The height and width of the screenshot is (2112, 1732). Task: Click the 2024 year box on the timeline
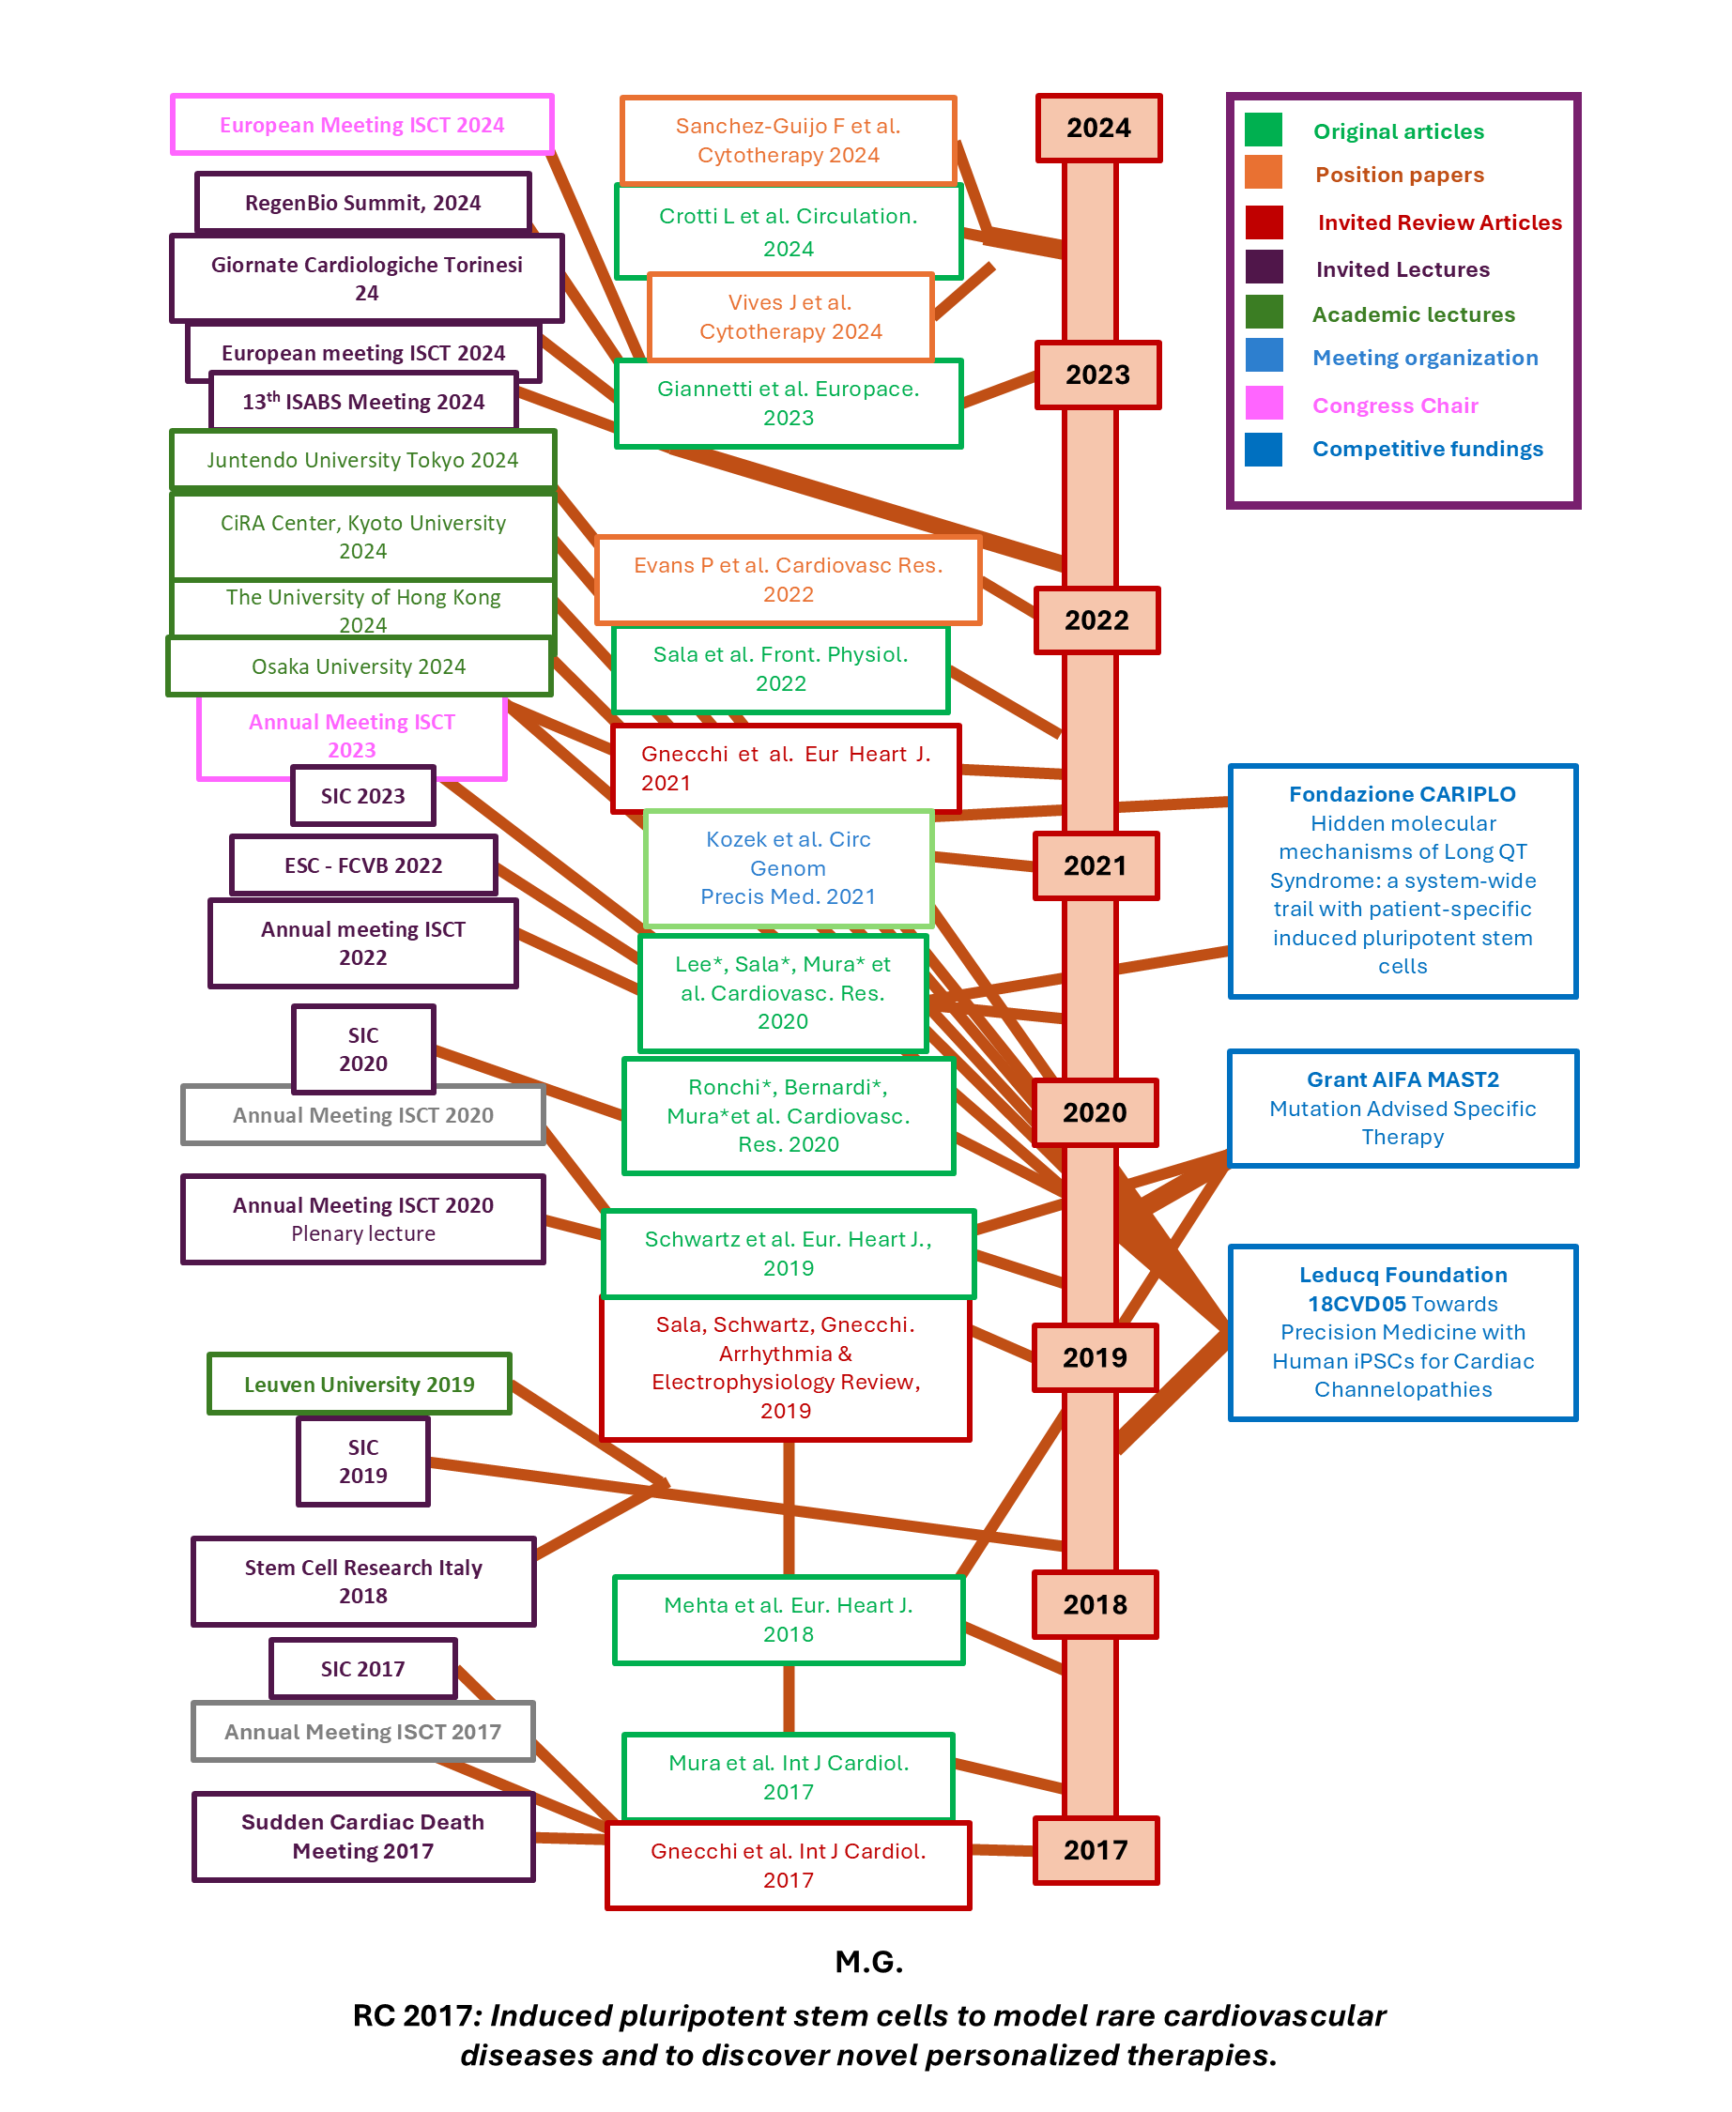click(1098, 128)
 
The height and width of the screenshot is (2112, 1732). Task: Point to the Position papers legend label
click(1399, 175)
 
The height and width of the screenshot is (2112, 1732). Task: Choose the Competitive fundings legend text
click(1427, 449)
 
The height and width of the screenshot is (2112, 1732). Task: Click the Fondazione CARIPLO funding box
click(1402, 880)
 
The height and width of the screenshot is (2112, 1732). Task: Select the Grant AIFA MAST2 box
click(1402, 1108)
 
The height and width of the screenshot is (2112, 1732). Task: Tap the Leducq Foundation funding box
click(1402, 1332)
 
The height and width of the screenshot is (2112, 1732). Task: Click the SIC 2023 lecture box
click(363, 796)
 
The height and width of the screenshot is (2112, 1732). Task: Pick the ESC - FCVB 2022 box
click(363, 865)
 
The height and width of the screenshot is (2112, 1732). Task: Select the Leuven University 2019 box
click(360, 1384)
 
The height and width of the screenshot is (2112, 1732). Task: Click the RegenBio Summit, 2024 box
click(363, 203)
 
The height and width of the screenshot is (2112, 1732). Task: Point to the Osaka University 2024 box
click(360, 666)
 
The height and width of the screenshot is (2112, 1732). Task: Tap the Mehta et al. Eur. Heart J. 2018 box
click(789, 1619)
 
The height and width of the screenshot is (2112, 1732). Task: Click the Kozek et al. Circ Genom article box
click(789, 868)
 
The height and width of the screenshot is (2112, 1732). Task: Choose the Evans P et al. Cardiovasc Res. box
click(789, 580)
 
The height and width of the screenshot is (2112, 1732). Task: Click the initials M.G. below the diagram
click(869, 1962)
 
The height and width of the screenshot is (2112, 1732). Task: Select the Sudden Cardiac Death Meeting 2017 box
click(363, 1836)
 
